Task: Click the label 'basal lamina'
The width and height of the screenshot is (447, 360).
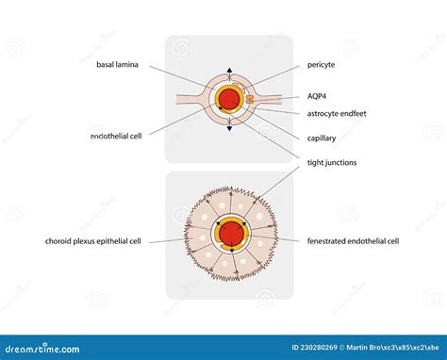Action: pos(119,65)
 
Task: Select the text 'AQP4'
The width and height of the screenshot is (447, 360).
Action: pos(318,95)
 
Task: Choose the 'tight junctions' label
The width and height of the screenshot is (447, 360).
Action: pos(331,162)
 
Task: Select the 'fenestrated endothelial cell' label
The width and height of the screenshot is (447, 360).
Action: pos(353,241)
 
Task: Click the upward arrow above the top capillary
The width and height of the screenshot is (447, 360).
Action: pos(227,70)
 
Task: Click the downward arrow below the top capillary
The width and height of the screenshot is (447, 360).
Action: pos(227,126)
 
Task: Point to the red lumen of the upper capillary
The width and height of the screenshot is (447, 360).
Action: pos(227,98)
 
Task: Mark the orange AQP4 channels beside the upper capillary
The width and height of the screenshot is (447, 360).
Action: pos(248,98)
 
